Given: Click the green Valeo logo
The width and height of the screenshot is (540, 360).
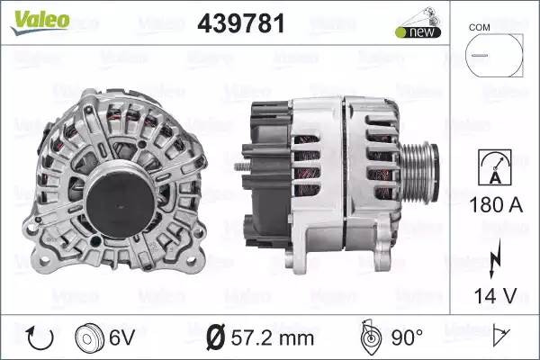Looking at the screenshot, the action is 40,22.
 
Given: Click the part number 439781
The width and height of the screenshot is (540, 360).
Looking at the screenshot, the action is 241,23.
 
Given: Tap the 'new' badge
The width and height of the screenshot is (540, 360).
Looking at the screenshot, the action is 418,32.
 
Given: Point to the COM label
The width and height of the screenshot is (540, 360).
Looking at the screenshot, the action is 479,27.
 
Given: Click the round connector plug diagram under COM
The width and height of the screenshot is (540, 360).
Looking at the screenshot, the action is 494,55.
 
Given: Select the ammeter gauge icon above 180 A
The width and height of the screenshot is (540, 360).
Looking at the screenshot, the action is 495,167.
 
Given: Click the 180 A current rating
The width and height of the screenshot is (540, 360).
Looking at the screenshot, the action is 496,204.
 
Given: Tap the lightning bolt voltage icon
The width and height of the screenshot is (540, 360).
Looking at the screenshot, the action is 495,258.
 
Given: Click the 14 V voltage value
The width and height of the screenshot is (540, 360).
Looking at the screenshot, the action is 496,295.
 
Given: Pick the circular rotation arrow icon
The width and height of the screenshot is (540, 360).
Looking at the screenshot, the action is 40,338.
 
